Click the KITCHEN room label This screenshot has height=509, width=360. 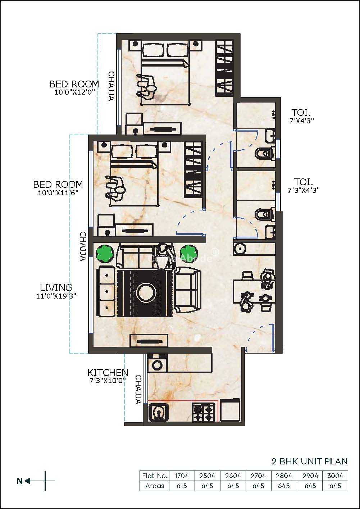[108, 372]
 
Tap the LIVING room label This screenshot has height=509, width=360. [56, 288]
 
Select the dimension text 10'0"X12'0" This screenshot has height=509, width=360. [74, 92]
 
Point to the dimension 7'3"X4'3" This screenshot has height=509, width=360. [304, 190]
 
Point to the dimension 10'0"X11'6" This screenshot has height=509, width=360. [58, 193]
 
